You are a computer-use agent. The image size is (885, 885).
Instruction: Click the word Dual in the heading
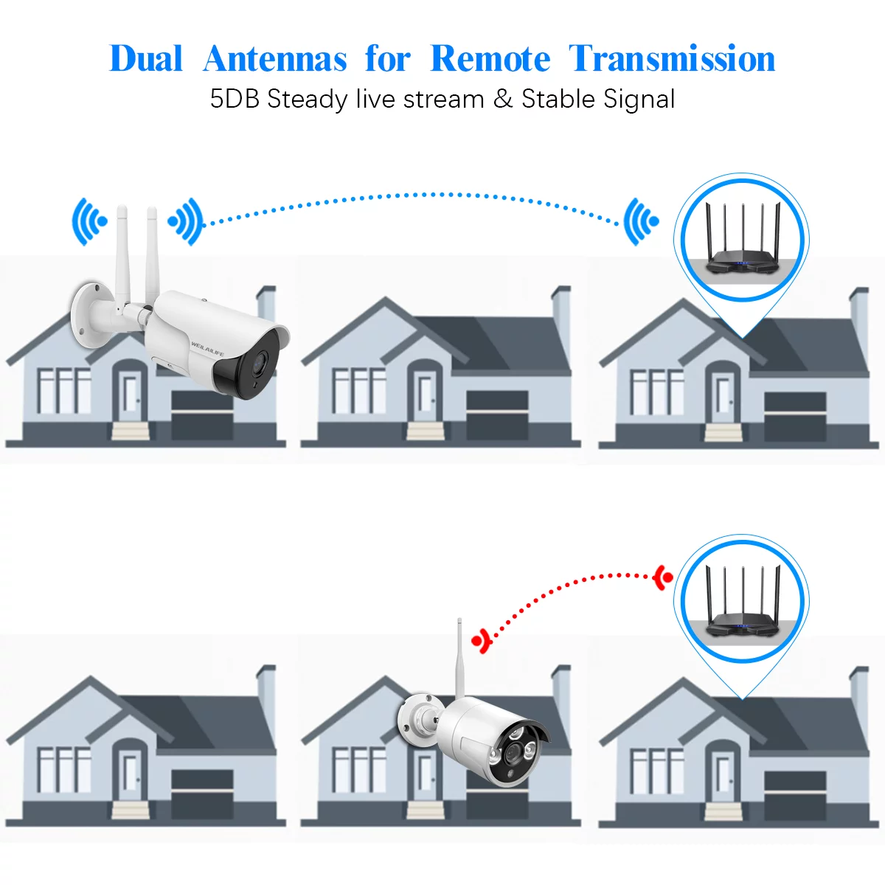146,59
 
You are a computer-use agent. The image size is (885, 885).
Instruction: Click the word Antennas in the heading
274,59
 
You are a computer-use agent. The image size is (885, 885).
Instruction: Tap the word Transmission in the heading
672,59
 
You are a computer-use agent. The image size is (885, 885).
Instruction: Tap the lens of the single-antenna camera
511,752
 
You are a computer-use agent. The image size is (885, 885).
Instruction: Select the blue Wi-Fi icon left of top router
639,221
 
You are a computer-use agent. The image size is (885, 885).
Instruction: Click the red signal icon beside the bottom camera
482,640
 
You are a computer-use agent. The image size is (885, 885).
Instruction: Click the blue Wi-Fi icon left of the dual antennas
88,221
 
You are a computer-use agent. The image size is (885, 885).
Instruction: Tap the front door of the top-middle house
426,396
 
